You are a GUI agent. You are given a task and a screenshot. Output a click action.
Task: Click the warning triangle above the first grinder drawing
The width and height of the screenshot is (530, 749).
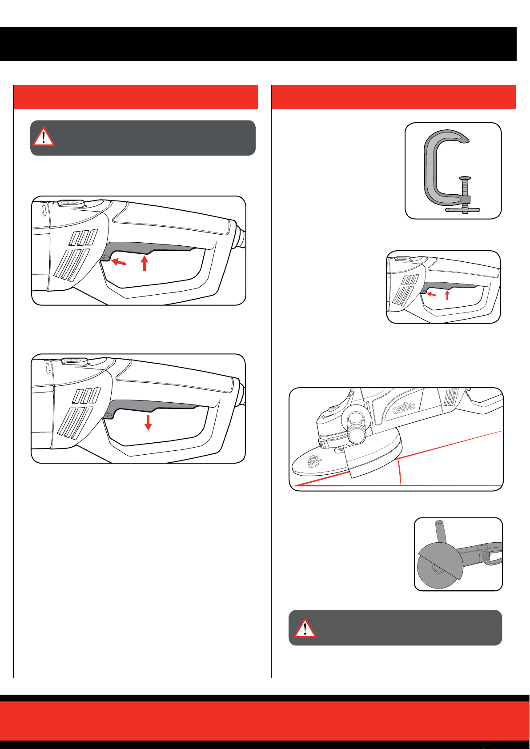click(43, 136)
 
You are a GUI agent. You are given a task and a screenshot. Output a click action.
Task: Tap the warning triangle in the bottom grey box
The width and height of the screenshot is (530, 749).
click(305, 628)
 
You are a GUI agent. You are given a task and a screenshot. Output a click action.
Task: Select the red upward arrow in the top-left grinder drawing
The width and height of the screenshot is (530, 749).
click(144, 263)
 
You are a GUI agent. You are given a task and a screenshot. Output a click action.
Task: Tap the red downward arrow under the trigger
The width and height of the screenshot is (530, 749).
click(148, 422)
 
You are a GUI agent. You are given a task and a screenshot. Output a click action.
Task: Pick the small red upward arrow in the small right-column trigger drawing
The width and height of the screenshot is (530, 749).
click(447, 294)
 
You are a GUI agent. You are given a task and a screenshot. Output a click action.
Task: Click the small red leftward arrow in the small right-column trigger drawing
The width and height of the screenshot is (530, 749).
click(431, 294)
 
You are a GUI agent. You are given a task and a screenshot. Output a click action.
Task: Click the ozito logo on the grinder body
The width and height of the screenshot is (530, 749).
click(404, 407)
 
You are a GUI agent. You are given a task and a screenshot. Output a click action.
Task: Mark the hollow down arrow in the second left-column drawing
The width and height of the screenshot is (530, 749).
click(48, 368)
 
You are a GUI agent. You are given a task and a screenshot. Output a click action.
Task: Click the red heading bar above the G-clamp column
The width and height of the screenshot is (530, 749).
click(393, 97)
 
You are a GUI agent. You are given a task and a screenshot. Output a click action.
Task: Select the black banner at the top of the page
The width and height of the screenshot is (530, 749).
click(258, 44)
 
